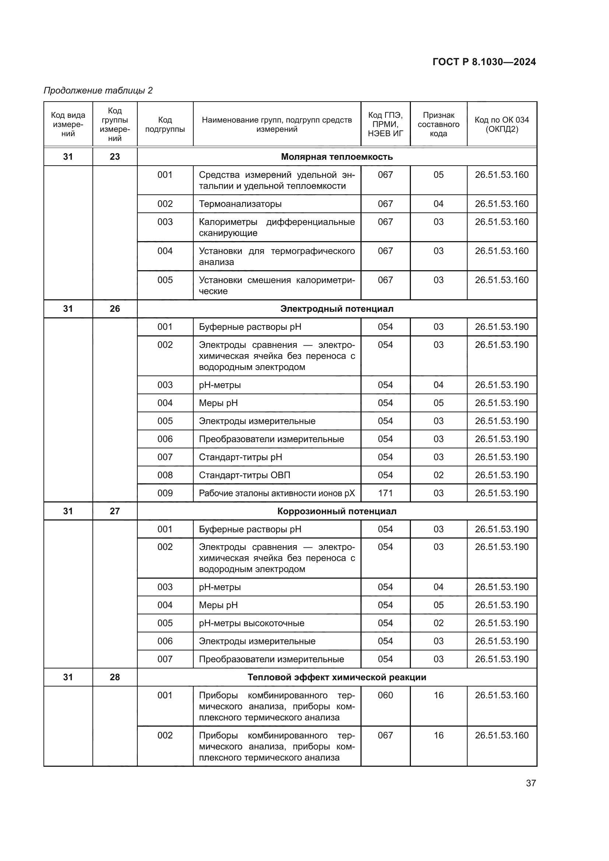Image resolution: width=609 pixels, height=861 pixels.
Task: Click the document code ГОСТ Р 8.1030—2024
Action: (x=484, y=62)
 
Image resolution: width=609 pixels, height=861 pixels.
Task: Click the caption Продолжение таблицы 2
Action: (x=98, y=91)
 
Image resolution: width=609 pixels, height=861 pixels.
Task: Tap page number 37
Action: (x=531, y=783)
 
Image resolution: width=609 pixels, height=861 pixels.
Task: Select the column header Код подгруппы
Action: (x=165, y=124)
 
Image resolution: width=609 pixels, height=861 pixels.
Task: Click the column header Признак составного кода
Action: (x=439, y=124)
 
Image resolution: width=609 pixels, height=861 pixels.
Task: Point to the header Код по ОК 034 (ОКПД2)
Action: (x=501, y=124)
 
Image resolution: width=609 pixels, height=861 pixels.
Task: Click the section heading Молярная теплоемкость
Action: (x=337, y=157)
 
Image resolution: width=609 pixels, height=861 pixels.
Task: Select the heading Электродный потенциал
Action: (x=337, y=308)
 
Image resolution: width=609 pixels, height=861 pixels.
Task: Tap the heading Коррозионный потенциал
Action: (x=337, y=511)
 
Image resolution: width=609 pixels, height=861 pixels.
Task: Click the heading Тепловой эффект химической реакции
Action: (x=337, y=677)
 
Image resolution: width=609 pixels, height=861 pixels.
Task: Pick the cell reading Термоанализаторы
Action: (x=240, y=204)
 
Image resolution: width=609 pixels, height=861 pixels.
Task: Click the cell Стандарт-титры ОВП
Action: (x=244, y=475)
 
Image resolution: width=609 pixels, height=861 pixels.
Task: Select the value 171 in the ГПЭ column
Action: (x=385, y=493)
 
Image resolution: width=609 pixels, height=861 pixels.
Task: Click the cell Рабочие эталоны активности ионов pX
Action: (x=277, y=493)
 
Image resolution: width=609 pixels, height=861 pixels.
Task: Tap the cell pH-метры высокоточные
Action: (x=251, y=623)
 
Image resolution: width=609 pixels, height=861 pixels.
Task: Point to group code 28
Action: (x=115, y=677)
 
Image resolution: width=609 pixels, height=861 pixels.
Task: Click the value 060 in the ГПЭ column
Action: (x=385, y=695)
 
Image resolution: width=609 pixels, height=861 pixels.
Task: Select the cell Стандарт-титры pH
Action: (x=240, y=457)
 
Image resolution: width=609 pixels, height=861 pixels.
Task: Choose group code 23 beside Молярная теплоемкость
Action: (x=115, y=157)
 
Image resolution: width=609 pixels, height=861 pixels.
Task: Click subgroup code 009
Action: (x=165, y=493)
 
